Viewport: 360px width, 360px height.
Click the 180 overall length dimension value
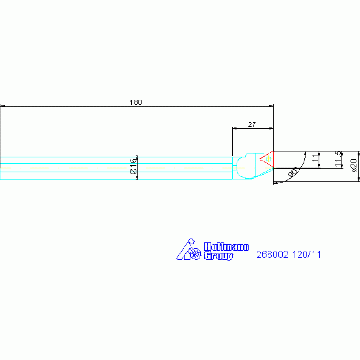tap(136, 102)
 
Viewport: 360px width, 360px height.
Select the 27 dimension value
tap(252, 124)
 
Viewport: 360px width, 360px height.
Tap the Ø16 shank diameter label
tap(133, 166)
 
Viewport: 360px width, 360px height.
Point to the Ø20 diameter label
tap(354, 165)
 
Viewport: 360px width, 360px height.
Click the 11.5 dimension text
tap(338, 159)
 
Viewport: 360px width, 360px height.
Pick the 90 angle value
tap(293, 173)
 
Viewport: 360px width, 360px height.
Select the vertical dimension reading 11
tap(316, 158)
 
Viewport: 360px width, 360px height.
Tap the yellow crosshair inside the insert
tap(268, 159)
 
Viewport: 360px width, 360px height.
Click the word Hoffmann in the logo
tap(226, 247)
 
